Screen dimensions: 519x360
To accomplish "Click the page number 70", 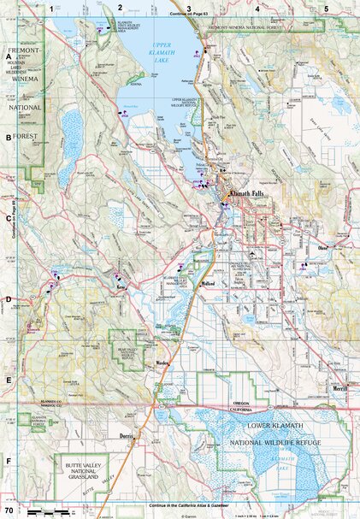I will coord(9,510).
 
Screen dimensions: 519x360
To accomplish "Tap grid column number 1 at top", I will coord(52,8).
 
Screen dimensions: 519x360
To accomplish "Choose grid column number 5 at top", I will coord(326,8).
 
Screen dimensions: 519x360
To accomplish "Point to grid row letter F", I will coord(9,462).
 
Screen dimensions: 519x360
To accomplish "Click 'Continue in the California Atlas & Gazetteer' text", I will coord(188,504).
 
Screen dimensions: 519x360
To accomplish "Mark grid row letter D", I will coord(9,299).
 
